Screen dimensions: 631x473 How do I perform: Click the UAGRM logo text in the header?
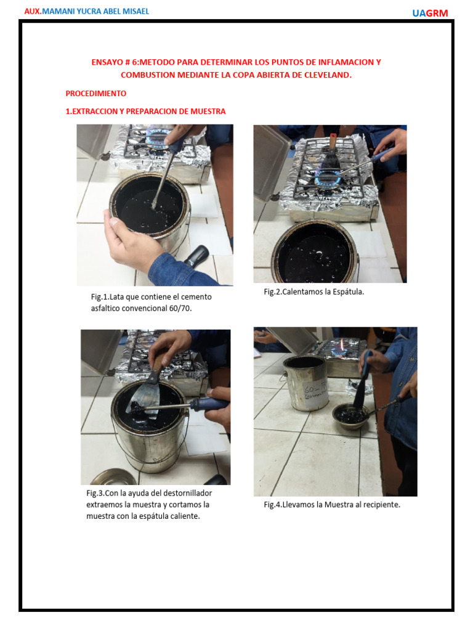430,13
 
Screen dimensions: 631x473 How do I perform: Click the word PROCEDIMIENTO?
95,94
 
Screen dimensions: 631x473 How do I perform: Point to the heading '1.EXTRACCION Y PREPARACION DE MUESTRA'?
145,112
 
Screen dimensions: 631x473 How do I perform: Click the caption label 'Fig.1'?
100,297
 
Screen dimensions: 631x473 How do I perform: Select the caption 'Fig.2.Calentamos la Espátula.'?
313,291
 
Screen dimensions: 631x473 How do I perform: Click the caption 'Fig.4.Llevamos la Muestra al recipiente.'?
332,505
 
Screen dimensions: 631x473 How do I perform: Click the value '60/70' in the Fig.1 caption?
179,308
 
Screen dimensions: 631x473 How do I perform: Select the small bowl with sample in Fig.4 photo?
349,417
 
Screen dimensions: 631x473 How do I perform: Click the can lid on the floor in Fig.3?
115,478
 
